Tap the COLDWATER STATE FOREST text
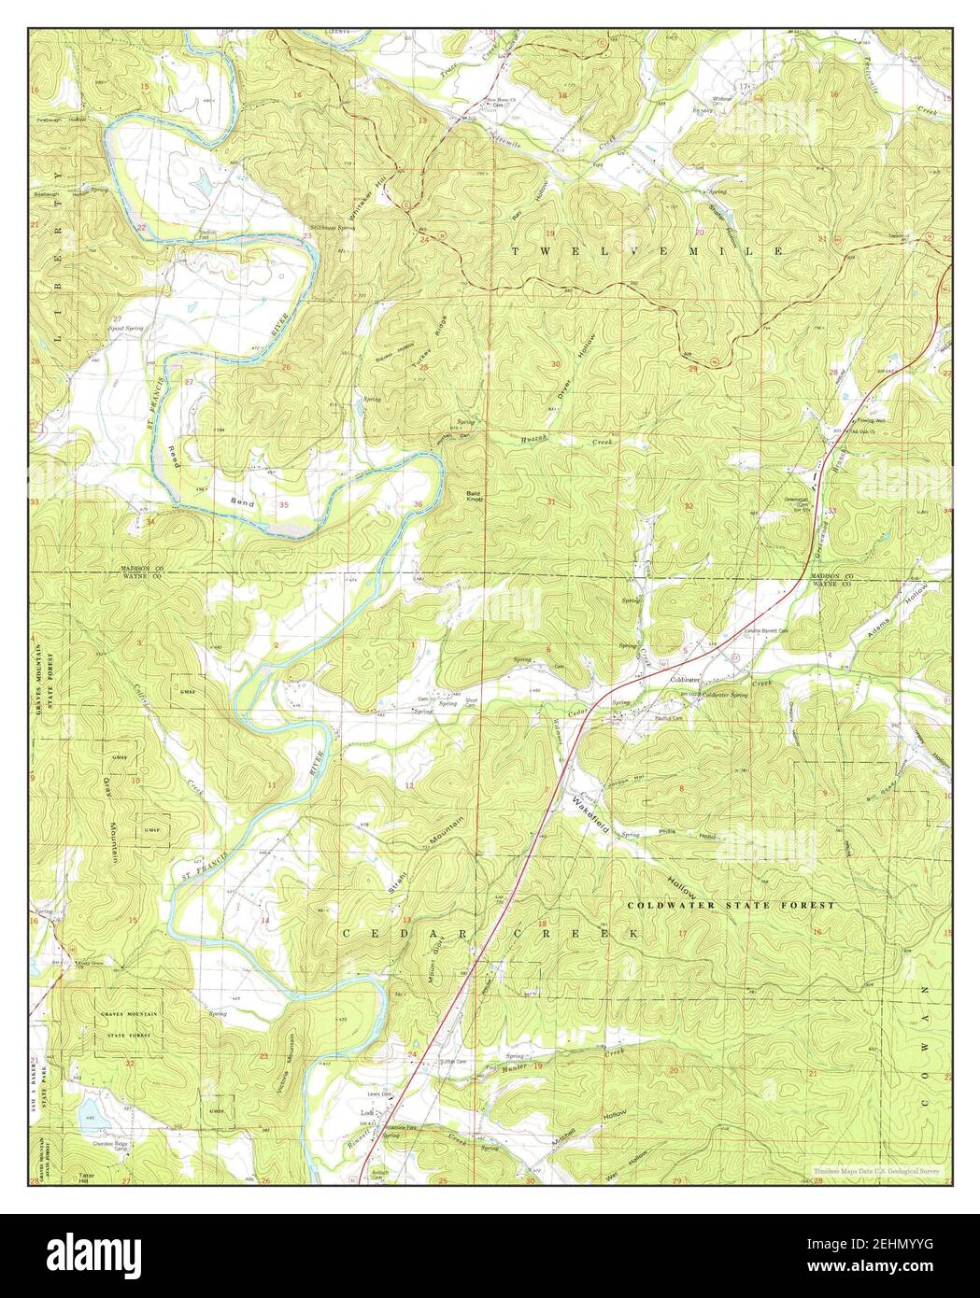coord(731,906)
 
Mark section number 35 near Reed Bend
coord(283,504)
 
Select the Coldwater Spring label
coord(725,694)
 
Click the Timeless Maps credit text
coord(877,1170)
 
